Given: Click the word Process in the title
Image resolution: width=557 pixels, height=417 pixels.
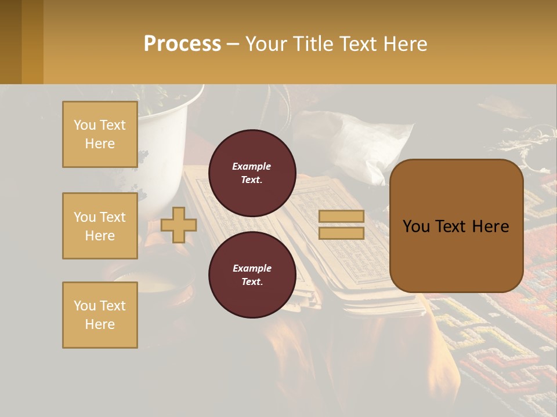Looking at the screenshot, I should [182, 44].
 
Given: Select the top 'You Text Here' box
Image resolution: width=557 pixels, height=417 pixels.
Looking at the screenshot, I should [100, 134].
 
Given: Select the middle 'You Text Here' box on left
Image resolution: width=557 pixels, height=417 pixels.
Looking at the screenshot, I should [100, 226].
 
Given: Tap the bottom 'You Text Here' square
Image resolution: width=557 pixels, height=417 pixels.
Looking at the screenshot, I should [100, 315].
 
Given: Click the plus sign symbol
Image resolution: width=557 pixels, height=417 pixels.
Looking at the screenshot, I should [179, 225].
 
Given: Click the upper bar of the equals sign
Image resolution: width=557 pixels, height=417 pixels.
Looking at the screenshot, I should [341, 216].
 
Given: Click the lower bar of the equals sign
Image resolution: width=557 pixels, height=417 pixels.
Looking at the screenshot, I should [341, 233].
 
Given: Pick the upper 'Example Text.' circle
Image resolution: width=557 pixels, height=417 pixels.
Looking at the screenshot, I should [252, 173].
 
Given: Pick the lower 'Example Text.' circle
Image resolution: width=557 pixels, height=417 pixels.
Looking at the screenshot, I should [252, 275].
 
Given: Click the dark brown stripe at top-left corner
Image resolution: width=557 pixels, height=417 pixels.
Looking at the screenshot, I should [10, 42].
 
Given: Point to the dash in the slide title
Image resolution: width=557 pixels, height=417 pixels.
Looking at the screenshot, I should [233, 44].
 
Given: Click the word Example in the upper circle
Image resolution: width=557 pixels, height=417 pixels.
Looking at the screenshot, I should [251, 166].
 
